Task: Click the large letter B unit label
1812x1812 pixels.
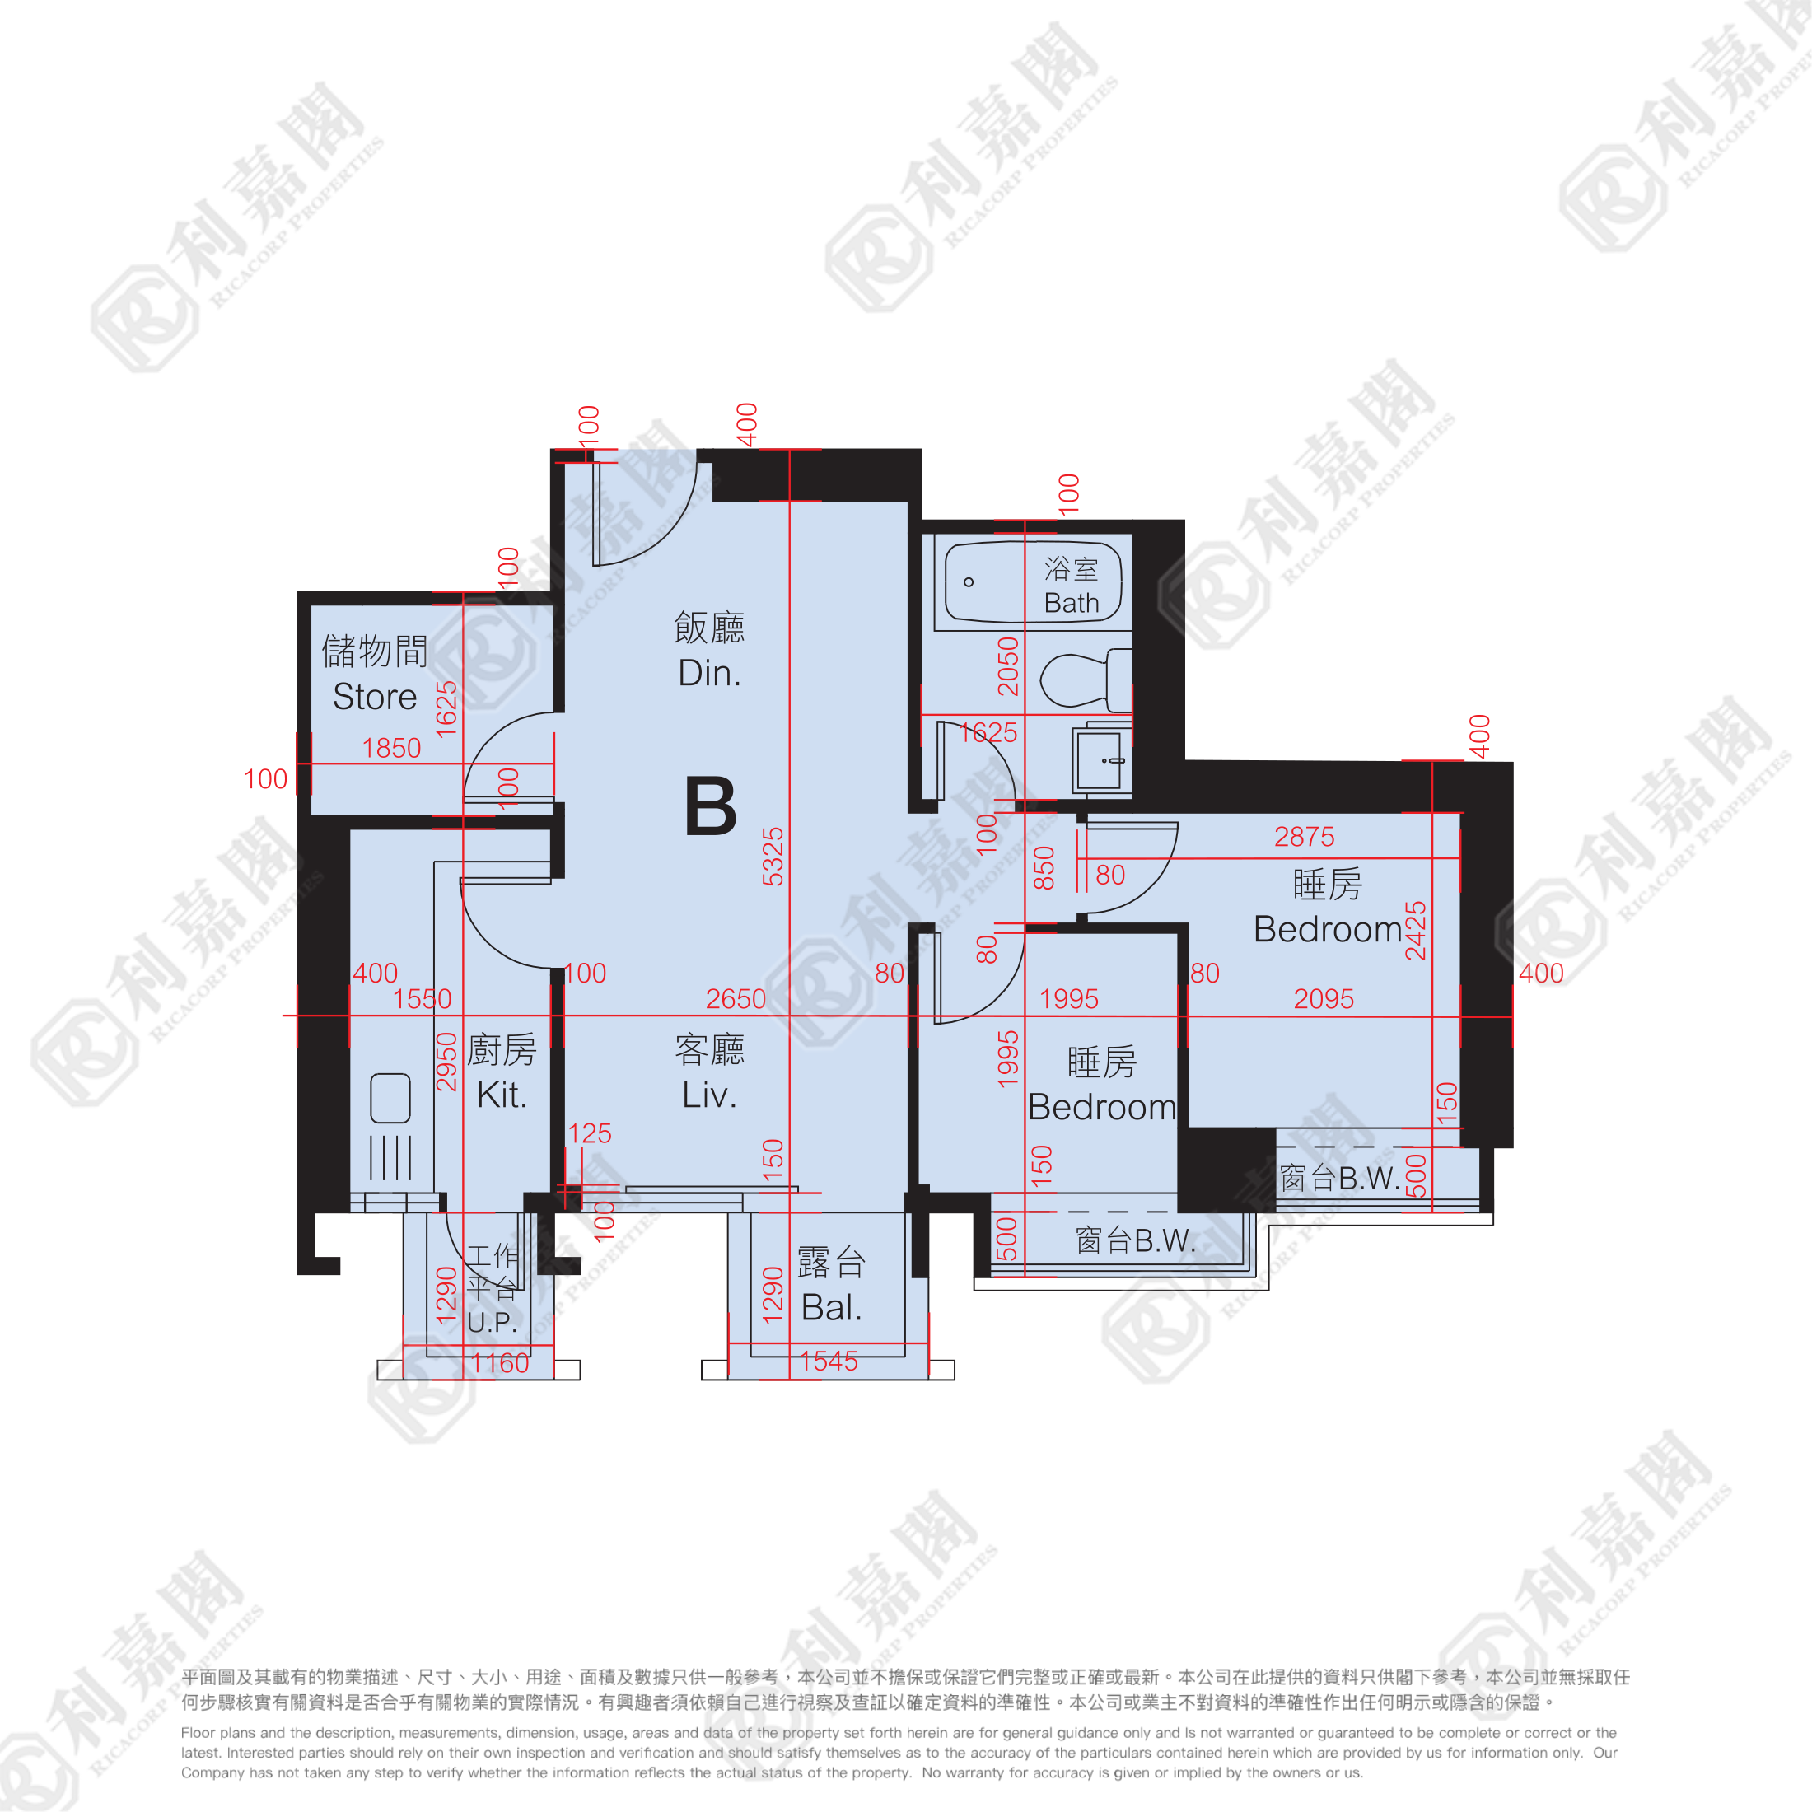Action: tap(711, 806)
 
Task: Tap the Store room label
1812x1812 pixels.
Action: tap(374, 697)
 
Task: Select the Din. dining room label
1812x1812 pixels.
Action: tap(710, 672)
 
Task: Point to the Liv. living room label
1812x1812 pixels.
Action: tap(709, 1095)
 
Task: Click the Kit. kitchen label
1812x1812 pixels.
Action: tap(502, 1095)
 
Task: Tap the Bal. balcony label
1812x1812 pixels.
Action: tap(831, 1307)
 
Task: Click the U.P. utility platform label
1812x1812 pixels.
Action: tap(492, 1323)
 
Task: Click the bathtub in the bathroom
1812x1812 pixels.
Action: tap(1033, 582)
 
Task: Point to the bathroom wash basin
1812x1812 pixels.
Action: tap(1101, 759)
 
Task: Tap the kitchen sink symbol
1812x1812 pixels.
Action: tap(390, 1098)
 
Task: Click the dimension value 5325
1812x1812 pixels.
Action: tap(773, 857)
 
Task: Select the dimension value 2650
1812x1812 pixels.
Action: tap(736, 999)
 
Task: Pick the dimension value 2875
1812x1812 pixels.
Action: tap(1304, 837)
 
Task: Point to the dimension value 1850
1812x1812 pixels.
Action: tap(391, 748)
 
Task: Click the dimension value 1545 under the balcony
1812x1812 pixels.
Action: tap(829, 1361)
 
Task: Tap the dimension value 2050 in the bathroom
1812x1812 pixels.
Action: tap(1008, 665)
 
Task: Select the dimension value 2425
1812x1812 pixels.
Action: tap(1415, 931)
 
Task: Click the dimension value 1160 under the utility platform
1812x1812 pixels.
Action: tap(501, 1363)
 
